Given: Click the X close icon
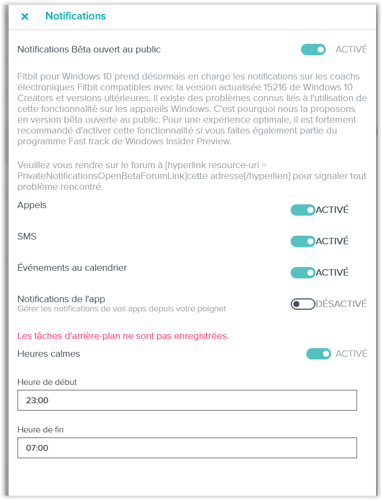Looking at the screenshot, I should pos(25,16).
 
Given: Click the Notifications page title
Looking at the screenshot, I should pos(76,16).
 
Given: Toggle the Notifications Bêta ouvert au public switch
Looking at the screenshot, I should pos(313,50).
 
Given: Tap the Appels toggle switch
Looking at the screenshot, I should pos(303,210).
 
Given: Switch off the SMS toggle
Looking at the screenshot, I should pos(303,241).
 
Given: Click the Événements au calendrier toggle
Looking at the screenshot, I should pos(303,272).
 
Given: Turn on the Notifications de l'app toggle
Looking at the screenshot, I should pos(303,304).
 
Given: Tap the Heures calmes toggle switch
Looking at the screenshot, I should pos(319,354).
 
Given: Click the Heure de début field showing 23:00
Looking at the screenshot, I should pos(187,401).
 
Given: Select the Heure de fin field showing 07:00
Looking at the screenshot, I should pos(187,448).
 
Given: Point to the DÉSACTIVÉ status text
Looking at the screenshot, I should pos(341,304).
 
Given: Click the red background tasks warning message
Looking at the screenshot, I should pos(123,336).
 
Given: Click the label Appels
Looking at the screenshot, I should pos(32,205).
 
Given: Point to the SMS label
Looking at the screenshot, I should pos(27,236).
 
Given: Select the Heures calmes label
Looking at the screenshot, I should pos(49,354).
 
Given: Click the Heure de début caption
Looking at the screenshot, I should pos(47,382).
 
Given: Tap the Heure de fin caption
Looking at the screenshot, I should pos(41,429).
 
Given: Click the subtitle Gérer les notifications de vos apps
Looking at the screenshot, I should pos(122,309).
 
